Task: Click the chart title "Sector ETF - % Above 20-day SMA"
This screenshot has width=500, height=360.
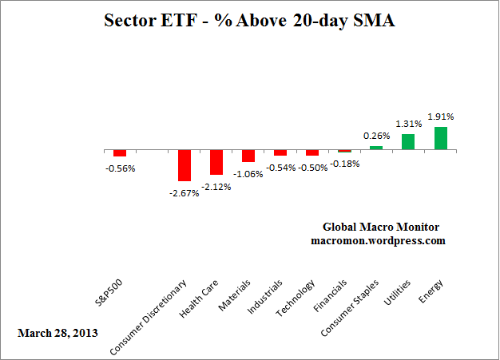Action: click(249, 22)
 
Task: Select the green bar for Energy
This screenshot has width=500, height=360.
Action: click(440, 138)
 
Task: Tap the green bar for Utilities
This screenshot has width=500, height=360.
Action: click(408, 142)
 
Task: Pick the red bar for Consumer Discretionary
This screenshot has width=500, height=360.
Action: click(185, 165)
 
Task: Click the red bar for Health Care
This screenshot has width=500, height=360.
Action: click(216, 162)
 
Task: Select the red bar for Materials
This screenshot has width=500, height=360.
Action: click(248, 156)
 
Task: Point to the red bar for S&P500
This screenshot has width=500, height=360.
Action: click(120, 153)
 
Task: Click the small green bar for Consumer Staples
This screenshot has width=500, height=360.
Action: click(376, 148)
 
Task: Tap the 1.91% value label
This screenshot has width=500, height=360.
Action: click(440, 117)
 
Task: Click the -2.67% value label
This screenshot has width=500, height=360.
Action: click(185, 191)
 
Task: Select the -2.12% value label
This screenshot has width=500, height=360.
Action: click(216, 185)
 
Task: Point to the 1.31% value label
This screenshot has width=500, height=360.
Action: click(408, 124)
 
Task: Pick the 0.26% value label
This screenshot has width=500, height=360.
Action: click(376, 136)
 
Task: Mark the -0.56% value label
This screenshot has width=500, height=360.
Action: click(120, 168)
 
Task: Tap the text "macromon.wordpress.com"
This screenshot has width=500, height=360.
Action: click(378, 240)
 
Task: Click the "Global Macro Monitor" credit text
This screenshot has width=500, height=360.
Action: click(380, 227)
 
